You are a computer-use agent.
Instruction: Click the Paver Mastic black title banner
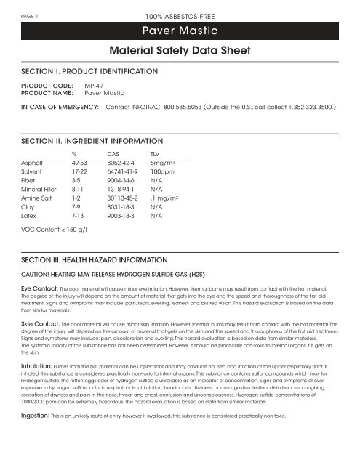[180, 31]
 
